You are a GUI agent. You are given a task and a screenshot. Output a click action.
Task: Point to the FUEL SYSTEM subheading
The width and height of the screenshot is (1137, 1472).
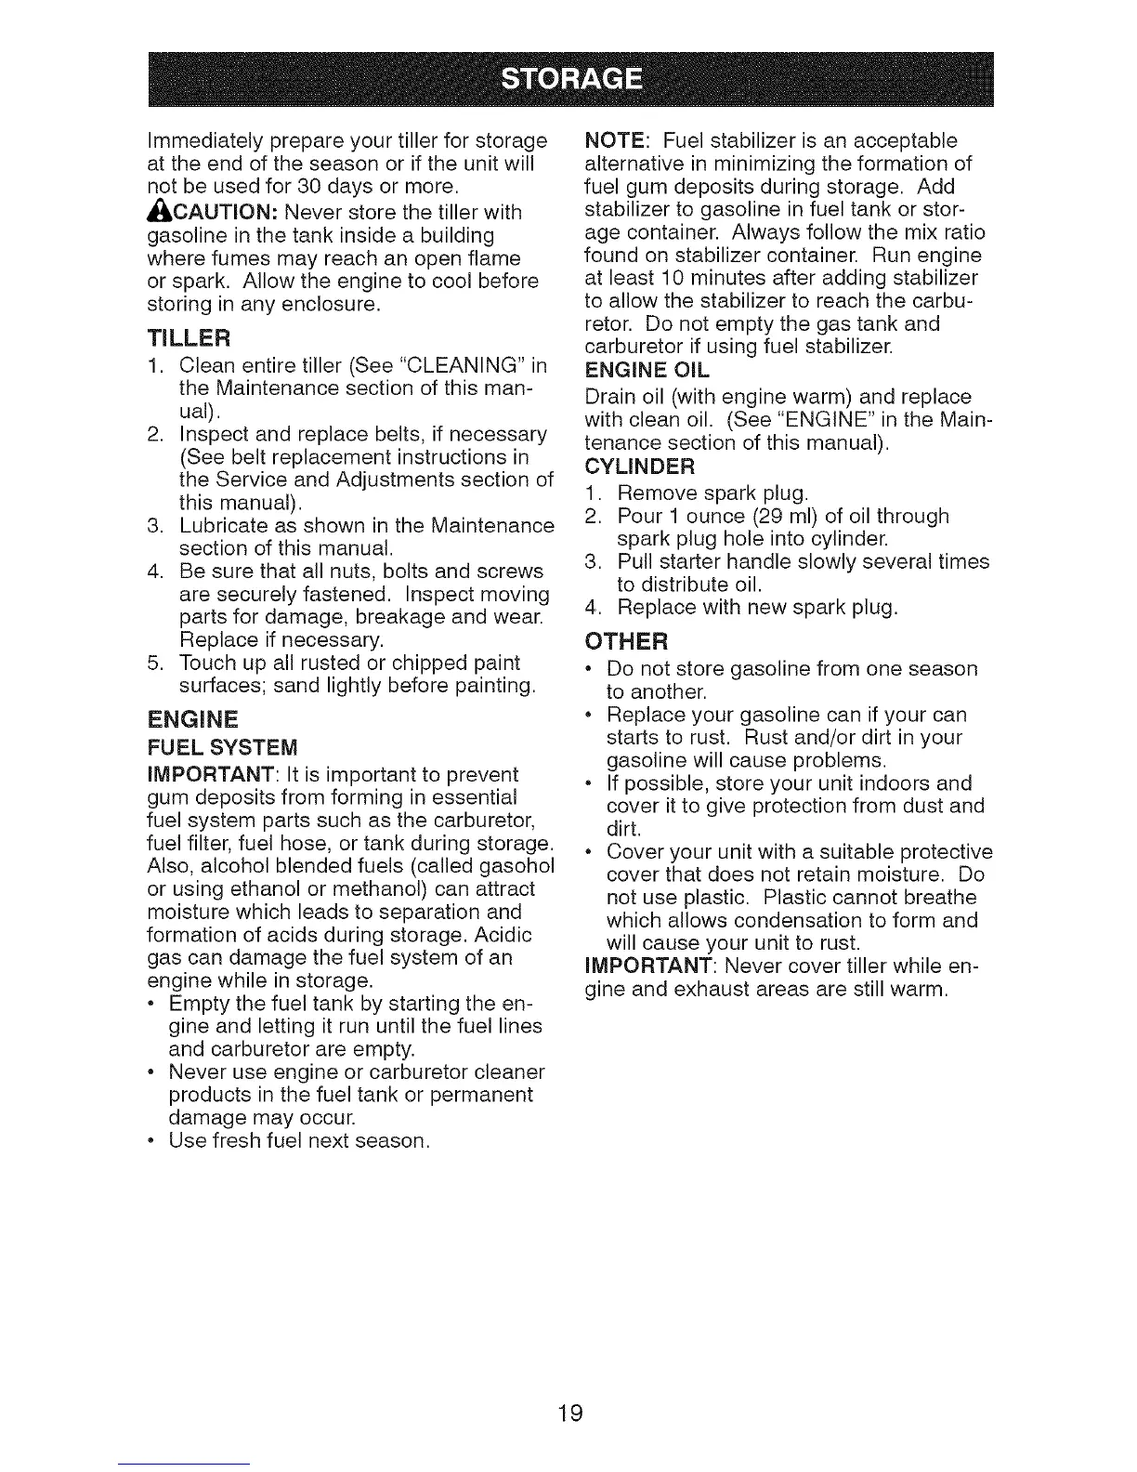[x=223, y=747]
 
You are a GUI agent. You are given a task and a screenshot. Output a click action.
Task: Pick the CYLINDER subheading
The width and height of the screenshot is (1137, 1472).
[x=640, y=465]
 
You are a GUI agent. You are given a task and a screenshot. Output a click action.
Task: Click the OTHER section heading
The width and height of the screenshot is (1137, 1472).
[x=626, y=641]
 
